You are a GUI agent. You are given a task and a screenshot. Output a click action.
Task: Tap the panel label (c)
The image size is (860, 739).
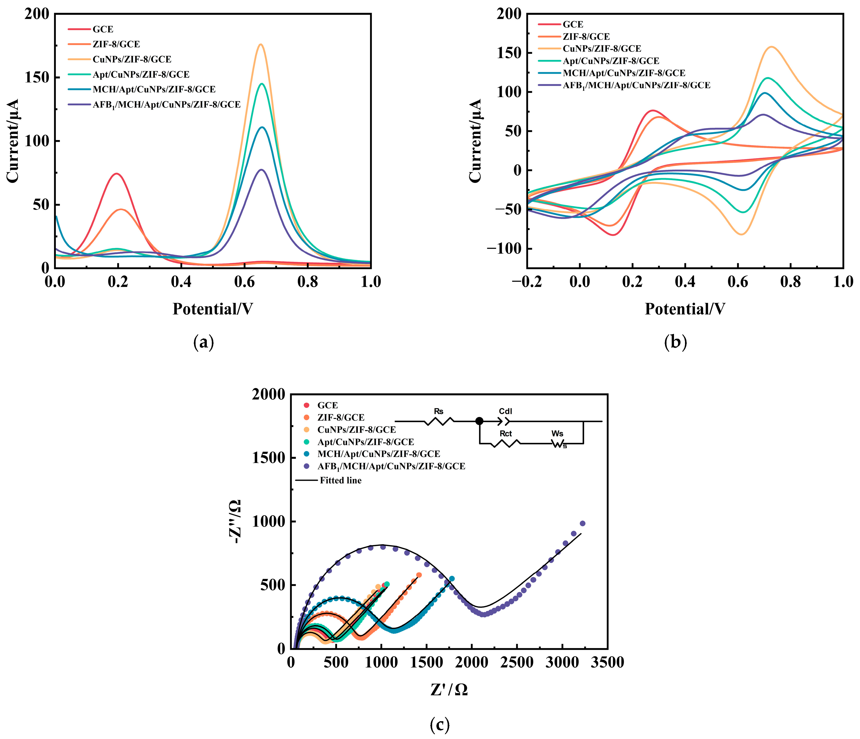coord(439,725)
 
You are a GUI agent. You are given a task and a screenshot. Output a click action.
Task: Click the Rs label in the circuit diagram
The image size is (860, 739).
coord(438,411)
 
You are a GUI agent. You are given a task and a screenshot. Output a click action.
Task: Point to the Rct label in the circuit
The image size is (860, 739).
coord(505,434)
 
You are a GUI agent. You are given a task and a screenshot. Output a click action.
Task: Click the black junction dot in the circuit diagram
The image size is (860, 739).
coord(479,421)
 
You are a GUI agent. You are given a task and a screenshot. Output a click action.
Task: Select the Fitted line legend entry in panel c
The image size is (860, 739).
coord(340,481)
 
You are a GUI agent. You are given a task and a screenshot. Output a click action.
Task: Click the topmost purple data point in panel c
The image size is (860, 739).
coord(582,523)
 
